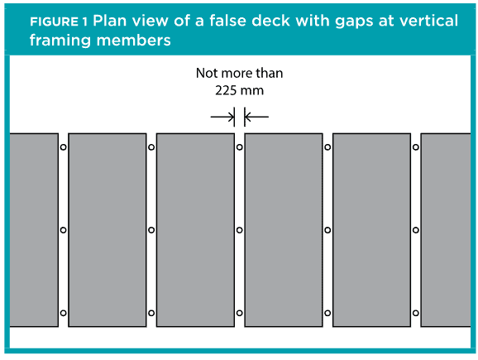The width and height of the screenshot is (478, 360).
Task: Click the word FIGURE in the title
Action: [x=54, y=22]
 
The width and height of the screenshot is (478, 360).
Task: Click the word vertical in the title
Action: [x=428, y=21]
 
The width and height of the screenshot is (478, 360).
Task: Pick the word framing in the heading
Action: [x=60, y=41]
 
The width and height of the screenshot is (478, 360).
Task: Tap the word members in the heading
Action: [x=133, y=40]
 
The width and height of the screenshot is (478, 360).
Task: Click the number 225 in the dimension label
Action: [x=225, y=90]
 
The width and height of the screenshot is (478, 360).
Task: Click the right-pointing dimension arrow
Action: [x=222, y=117]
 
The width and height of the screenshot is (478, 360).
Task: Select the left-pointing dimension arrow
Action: [x=256, y=117]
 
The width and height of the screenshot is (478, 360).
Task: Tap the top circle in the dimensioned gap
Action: [x=240, y=147]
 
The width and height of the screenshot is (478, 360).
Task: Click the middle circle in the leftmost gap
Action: [x=63, y=230]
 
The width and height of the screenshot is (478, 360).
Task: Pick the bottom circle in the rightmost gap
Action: [x=415, y=313]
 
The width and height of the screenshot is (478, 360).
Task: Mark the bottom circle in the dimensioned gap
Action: [x=240, y=313]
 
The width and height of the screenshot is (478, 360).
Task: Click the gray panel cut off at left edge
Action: [x=34, y=230]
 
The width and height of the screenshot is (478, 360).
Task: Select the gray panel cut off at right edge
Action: [x=446, y=230]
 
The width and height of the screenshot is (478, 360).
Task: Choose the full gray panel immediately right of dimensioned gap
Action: [x=284, y=230]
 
